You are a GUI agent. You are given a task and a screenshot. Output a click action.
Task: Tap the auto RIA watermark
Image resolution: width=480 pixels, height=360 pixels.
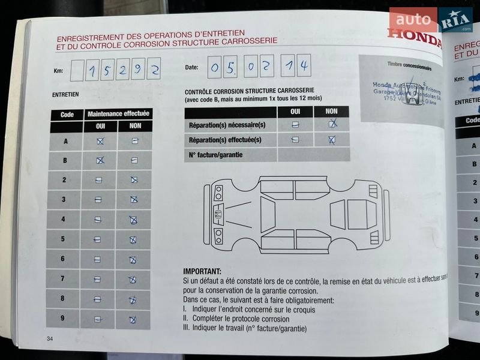(x=430, y=20)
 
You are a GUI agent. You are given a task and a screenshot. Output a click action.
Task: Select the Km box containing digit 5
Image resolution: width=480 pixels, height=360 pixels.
(x=108, y=70)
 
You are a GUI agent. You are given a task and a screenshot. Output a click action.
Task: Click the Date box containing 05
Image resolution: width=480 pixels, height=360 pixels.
(x=221, y=67)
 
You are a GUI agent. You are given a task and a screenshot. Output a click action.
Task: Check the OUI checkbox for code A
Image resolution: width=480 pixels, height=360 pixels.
(x=100, y=141)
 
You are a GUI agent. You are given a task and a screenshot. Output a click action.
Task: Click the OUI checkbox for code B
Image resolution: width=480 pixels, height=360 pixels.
(x=100, y=160)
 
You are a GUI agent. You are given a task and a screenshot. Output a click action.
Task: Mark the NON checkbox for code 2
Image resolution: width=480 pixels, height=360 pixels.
(x=134, y=180)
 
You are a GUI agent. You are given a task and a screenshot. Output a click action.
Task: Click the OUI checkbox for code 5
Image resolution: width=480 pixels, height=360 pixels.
(x=97, y=239)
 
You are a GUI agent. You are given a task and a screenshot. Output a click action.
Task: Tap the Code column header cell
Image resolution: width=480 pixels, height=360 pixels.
(x=67, y=114)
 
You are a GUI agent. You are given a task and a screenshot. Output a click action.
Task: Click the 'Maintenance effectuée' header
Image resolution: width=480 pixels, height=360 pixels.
(x=119, y=113)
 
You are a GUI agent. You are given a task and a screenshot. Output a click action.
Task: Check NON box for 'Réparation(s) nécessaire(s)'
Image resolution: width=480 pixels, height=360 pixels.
(x=331, y=124)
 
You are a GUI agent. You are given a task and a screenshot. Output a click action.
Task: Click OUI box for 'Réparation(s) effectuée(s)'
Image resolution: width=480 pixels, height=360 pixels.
(x=295, y=140)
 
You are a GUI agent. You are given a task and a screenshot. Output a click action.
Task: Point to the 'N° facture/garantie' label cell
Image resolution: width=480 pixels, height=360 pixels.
(x=230, y=155)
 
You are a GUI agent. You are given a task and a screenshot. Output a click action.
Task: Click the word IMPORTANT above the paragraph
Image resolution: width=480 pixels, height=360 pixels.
(x=202, y=272)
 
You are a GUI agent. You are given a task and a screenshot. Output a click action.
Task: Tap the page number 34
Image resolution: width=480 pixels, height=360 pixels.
(x=50, y=340)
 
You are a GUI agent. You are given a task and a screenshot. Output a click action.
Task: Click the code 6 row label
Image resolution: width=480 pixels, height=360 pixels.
(x=63, y=259)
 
